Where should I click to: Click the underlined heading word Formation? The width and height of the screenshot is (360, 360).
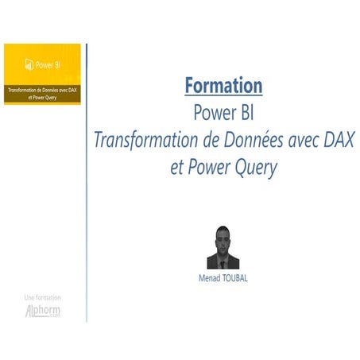coord(223,84)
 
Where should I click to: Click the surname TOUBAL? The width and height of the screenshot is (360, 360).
coord(235,280)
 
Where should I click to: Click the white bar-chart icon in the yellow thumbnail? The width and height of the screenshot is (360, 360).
coord(28,65)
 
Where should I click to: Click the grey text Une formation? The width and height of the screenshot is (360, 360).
coord(42,297)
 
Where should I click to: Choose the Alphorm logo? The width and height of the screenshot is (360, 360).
coord(42,311)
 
